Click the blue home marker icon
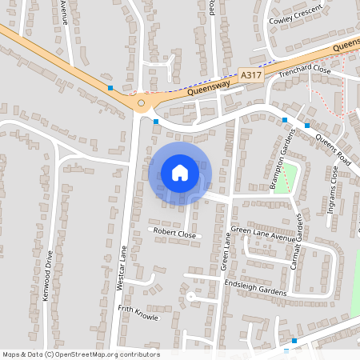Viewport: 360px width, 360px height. (180, 172)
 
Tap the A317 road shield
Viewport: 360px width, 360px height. (250, 75)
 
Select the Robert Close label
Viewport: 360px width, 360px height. (174, 234)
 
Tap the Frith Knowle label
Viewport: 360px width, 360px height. (138, 311)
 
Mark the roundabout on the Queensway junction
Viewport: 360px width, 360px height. (141, 102)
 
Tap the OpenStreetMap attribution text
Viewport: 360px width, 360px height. (80, 354)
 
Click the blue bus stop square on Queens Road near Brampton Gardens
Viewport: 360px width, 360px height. (284, 120)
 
